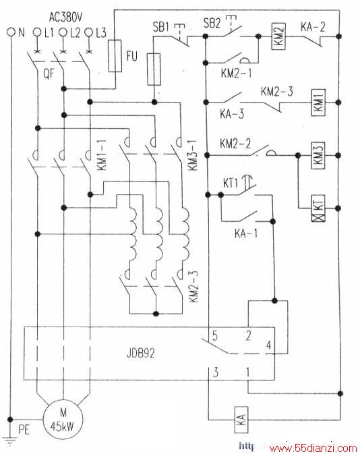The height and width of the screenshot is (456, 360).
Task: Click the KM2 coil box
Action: pyautogui.click(x=278, y=36)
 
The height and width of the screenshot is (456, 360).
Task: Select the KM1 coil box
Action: pyautogui.click(x=318, y=103)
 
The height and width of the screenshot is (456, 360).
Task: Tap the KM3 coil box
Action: pyautogui.click(x=318, y=156)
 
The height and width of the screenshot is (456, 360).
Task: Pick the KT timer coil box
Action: pyautogui.click(x=318, y=208)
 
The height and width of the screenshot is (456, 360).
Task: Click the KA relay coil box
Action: pyautogui.click(x=241, y=420)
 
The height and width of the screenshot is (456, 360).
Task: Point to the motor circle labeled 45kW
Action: pyautogui.click(x=63, y=419)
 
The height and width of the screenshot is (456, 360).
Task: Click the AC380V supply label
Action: pyautogui.click(x=65, y=18)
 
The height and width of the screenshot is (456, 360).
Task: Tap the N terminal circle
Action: pyautogui.click(x=11, y=32)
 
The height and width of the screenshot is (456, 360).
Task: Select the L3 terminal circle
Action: pyautogui.click(x=89, y=32)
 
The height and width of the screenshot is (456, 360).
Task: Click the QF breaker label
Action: pyautogui.click(x=49, y=74)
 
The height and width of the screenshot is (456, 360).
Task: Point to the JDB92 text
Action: pyautogui.click(x=141, y=353)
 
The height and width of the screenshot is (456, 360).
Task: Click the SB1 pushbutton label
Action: pyautogui.click(x=161, y=27)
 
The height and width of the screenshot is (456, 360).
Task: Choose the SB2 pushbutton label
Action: pyautogui.click(x=212, y=23)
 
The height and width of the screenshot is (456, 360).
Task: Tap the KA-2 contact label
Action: pyautogui.click(x=313, y=27)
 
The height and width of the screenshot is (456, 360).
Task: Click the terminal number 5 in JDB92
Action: pyautogui.click(x=215, y=336)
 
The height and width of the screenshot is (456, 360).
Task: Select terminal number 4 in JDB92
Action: pyautogui.click(x=269, y=345)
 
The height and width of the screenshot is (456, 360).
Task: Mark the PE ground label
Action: pyautogui.click(x=24, y=430)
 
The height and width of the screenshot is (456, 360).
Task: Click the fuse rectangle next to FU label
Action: pyautogui.click(x=115, y=56)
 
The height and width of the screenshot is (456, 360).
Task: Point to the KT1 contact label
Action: pyautogui.click(x=231, y=183)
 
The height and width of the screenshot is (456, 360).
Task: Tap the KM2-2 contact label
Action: pyautogui.click(x=235, y=144)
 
